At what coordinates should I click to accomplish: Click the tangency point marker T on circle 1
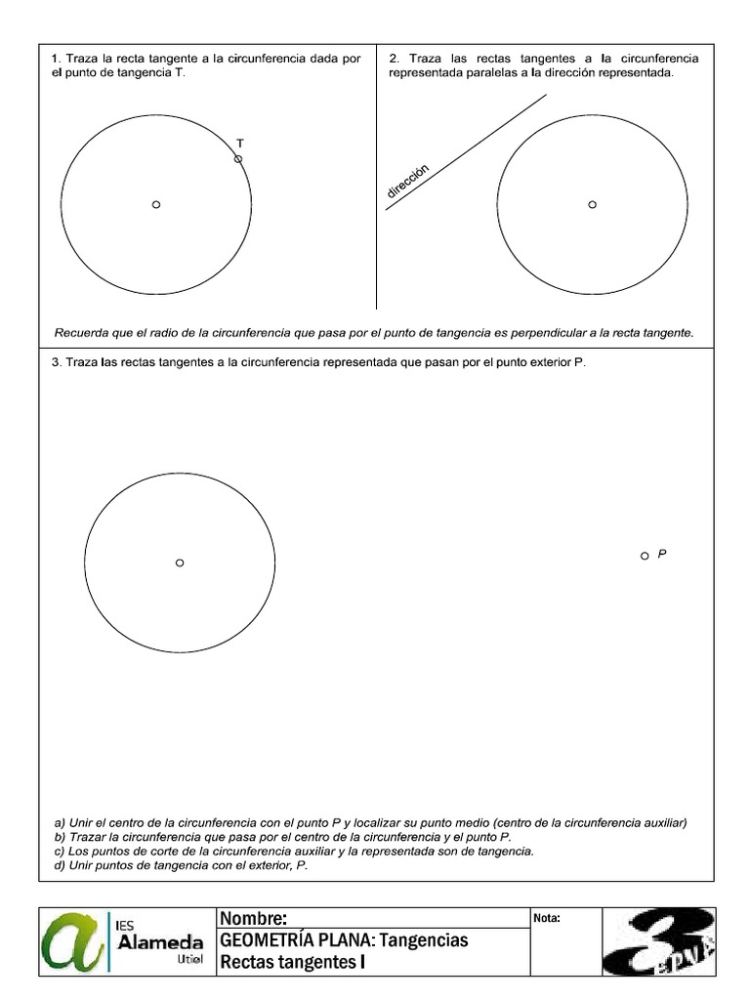click(238, 158)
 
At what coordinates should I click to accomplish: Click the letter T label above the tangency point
click(240, 143)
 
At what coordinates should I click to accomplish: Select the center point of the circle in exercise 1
click(156, 204)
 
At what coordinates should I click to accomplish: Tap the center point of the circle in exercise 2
click(592, 204)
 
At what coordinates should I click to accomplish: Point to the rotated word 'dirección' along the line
click(408, 182)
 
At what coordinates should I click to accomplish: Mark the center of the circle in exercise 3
click(180, 562)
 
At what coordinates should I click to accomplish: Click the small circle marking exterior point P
click(645, 556)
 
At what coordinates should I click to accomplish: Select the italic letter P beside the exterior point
click(662, 554)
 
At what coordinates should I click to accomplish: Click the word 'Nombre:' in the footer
click(253, 919)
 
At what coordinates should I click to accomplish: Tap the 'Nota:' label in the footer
click(548, 918)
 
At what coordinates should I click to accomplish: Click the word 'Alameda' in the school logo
click(160, 942)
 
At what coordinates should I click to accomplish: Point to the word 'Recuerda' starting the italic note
click(82, 333)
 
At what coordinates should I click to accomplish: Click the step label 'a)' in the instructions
click(60, 823)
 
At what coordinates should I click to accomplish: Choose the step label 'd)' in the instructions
click(60, 865)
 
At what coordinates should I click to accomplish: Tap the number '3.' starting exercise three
click(57, 362)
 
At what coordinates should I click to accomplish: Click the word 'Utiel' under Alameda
click(190, 962)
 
